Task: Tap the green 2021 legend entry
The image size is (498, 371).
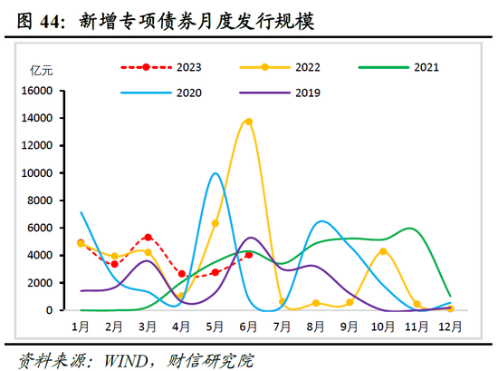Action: point(395,67)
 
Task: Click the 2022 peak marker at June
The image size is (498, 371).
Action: point(248,122)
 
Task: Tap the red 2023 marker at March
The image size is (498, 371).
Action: point(148,238)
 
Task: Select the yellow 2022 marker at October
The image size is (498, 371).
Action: point(383,251)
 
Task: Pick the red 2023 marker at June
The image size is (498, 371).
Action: point(248,255)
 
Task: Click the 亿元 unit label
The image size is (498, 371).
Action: point(42,70)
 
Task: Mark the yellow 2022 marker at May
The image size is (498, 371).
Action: point(215,223)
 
